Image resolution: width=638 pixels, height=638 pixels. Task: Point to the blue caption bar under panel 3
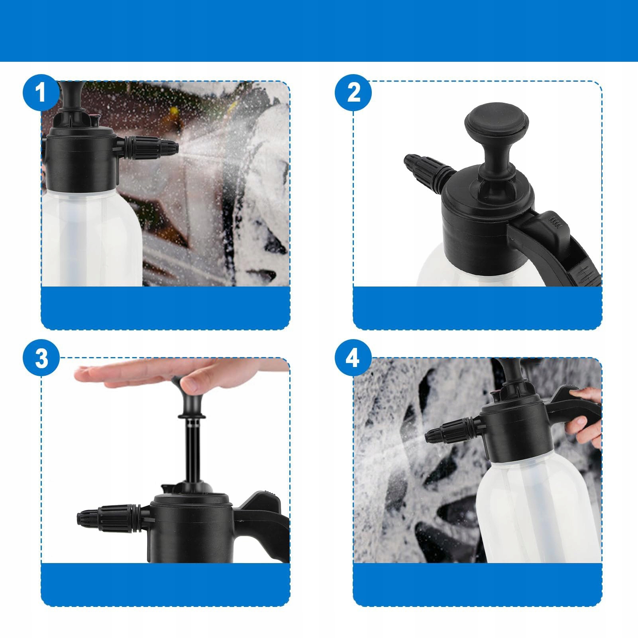(165, 585)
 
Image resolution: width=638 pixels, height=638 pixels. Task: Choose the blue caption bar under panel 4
(477, 585)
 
